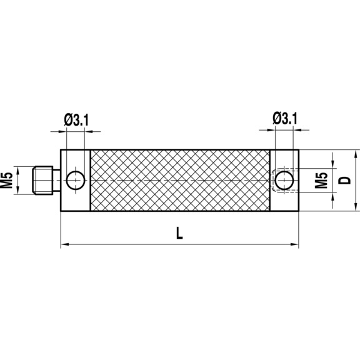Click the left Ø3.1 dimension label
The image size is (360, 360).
pos(76,119)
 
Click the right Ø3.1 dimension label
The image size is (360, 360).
pos(285,118)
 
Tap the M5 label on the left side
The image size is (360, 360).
pos(8,179)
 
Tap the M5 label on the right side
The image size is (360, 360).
pos(321,179)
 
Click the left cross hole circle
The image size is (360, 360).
pos(76,180)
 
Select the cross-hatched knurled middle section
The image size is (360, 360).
pos(180,180)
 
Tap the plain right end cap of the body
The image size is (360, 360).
pos(285,200)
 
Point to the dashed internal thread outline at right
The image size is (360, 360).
pos(276,179)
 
